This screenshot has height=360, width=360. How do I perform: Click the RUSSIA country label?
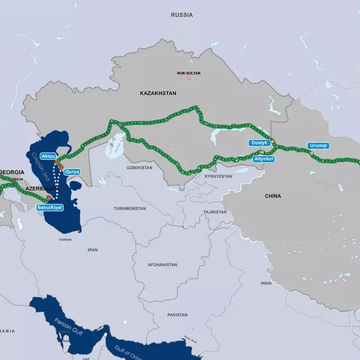(x=181, y=15)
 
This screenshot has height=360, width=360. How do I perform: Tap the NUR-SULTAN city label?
(x=188, y=73)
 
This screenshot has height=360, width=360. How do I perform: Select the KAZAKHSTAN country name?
(x=158, y=93)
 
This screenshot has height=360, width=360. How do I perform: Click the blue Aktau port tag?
(x=48, y=156)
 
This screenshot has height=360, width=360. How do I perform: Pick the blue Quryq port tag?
(x=72, y=171)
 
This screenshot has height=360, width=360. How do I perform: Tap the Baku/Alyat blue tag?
(x=50, y=207)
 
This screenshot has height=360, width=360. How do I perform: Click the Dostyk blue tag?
(x=259, y=143)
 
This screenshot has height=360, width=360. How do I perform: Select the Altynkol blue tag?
(x=263, y=159)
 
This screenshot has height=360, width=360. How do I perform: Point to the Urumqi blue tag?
(x=318, y=146)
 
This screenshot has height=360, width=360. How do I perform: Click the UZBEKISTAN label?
(x=139, y=168)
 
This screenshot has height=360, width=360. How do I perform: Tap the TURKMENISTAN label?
(x=130, y=208)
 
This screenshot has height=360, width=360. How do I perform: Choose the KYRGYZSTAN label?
(x=218, y=176)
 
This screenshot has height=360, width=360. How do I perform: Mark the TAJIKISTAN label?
(x=215, y=212)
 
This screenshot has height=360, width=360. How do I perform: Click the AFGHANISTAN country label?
(x=162, y=265)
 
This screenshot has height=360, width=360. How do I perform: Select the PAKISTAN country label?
(x=178, y=315)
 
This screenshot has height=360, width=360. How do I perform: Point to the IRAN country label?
(x=93, y=250)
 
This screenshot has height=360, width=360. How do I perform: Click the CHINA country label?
(x=273, y=196)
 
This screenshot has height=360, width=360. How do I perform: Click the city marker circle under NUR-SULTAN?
(x=189, y=78)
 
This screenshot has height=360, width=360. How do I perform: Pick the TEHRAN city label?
(x=65, y=240)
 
